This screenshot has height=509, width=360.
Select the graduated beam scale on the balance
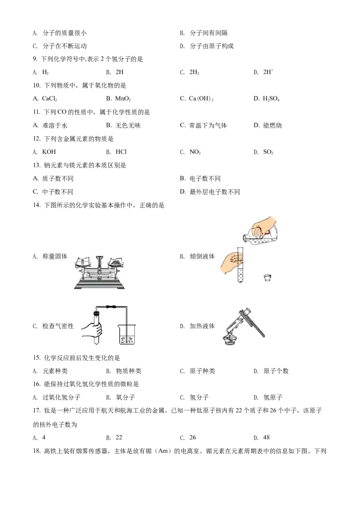(99, 273)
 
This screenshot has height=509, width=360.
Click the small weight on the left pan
(83, 259)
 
